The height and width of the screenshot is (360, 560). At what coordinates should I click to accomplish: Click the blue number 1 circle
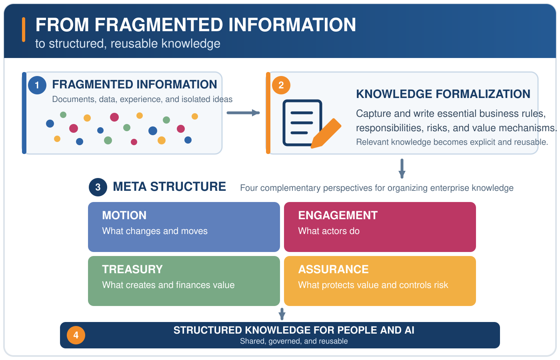(37, 85)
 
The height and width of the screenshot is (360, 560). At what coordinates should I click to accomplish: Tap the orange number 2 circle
(281, 85)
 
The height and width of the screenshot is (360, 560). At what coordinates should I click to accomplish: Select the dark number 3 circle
(98, 187)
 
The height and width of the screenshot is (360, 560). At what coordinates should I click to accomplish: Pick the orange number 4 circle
(76, 335)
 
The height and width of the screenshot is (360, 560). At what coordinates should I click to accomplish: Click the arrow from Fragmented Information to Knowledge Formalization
(243, 113)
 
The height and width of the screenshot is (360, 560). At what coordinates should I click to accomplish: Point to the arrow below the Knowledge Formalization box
(402, 168)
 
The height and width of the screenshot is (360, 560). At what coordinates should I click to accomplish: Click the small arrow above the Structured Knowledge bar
(282, 314)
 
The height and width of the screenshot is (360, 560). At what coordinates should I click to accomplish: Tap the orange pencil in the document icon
(326, 134)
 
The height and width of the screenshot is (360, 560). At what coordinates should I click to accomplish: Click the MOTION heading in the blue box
(124, 215)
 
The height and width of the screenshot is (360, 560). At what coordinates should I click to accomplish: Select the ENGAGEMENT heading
(338, 215)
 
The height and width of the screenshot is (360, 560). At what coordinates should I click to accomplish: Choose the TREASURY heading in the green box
(132, 269)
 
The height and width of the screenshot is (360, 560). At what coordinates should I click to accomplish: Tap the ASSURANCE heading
(333, 269)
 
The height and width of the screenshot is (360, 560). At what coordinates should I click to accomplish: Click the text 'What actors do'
(329, 231)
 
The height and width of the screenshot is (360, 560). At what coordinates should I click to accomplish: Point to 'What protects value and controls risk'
(373, 285)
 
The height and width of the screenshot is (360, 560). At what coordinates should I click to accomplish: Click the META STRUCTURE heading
(170, 186)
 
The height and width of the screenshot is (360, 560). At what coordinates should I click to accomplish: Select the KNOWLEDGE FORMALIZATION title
(443, 94)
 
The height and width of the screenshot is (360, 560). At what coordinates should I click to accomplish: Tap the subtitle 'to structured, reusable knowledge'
(128, 44)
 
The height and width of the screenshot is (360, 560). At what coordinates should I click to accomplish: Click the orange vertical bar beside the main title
(24, 30)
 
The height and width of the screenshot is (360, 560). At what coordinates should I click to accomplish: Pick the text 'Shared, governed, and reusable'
(294, 341)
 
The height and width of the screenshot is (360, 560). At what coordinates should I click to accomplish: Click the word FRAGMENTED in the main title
(159, 25)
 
